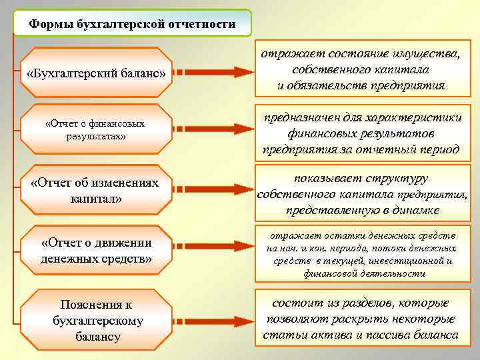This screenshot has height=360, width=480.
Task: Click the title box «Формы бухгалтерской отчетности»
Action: tap(132, 25)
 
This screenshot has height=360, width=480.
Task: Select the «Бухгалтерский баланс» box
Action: tap(95, 73)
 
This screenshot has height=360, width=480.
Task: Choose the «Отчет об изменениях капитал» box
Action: tap(95, 191)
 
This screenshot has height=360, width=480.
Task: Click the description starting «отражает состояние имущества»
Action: tap(361, 69)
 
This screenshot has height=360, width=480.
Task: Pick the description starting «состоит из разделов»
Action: tap(361, 318)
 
